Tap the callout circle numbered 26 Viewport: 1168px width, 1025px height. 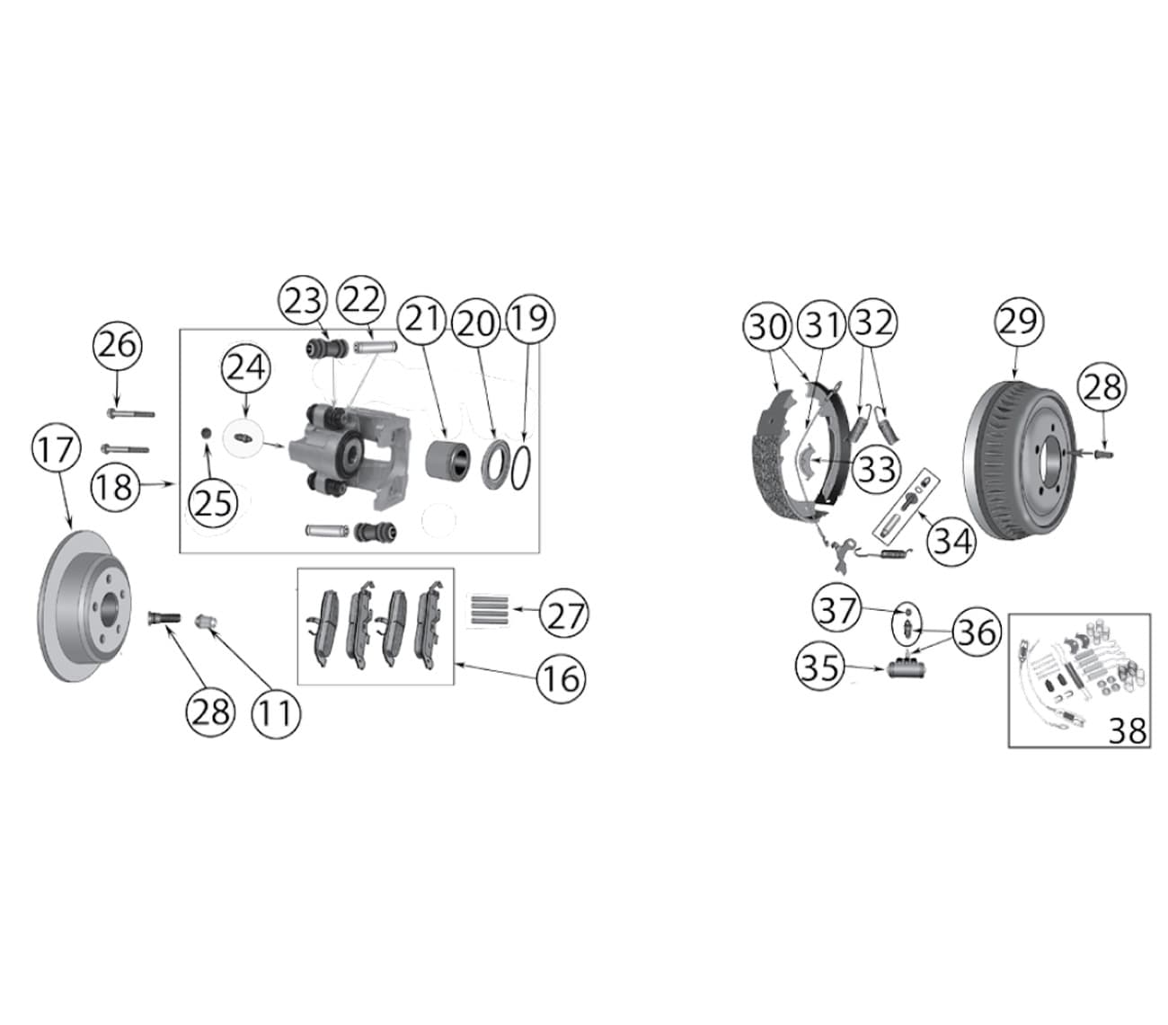click(117, 347)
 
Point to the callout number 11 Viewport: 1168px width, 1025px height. click(276, 713)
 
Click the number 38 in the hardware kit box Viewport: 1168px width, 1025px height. click(1127, 730)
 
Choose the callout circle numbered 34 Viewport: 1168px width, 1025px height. click(951, 542)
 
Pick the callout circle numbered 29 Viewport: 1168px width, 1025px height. click(1018, 322)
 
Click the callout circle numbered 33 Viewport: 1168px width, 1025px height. click(876, 468)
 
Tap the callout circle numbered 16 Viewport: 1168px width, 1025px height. click(561, 678)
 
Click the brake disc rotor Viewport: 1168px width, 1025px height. click(84, 605)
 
